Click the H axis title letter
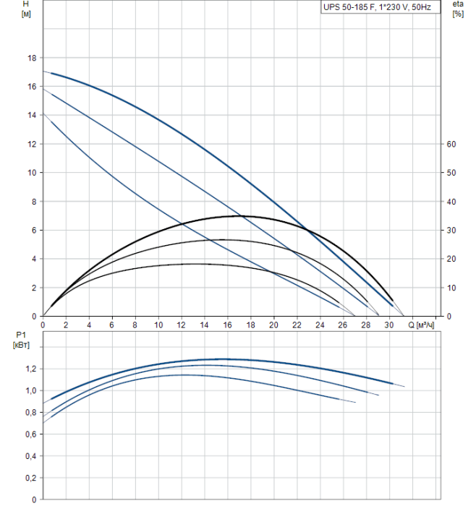[x=25, y=4]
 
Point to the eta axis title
[x=457, y=4]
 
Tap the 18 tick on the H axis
[x=31, y=58]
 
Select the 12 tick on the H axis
[x=31, y=144]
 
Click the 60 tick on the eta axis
[x=451, y=144]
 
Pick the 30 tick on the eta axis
[x=451, y=230]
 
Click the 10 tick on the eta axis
[x=451, y=288]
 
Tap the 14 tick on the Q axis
[x=204, y=325]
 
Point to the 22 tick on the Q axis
[x=297, y=325]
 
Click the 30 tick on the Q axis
[x=388, y=325]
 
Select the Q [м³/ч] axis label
[x=422, y=325]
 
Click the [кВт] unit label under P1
[x=21, y=345]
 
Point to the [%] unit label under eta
[x=457, y=14]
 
